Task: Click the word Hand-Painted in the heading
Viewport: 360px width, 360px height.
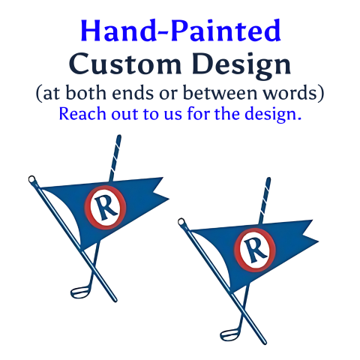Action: coord(180,31)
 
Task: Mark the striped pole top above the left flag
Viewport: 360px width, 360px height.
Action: coord(117,142)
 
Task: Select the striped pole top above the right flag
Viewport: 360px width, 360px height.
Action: coord(266,184)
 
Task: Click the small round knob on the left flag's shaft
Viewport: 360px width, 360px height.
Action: coord(31,180)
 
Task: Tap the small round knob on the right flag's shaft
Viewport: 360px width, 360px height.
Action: coord(182,222)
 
